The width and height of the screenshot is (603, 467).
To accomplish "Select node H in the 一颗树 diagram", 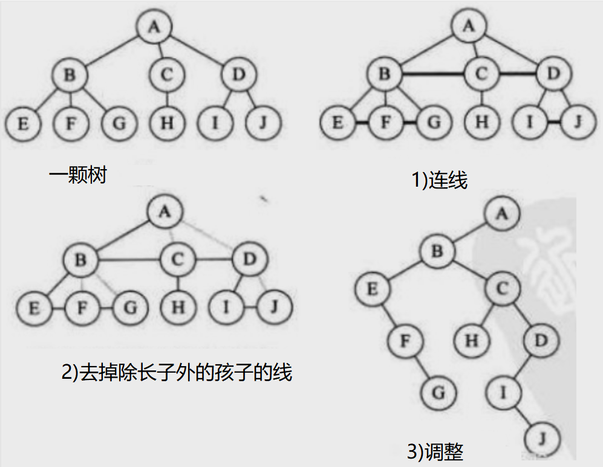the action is point(166,123).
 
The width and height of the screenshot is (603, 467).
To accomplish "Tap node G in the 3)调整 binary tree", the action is point(439,393).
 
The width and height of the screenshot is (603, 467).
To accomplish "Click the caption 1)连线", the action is point(440,179).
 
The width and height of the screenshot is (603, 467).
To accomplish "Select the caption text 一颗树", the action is point(78,176).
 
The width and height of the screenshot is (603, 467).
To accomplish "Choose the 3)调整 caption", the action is point(435,451).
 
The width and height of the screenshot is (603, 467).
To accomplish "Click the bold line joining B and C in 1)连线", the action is point(433,74).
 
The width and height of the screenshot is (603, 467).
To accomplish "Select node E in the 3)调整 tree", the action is point(372,289).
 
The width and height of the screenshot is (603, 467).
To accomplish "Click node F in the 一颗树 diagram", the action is point(70,123).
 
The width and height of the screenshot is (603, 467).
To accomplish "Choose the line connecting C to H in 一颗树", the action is point(166,98).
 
